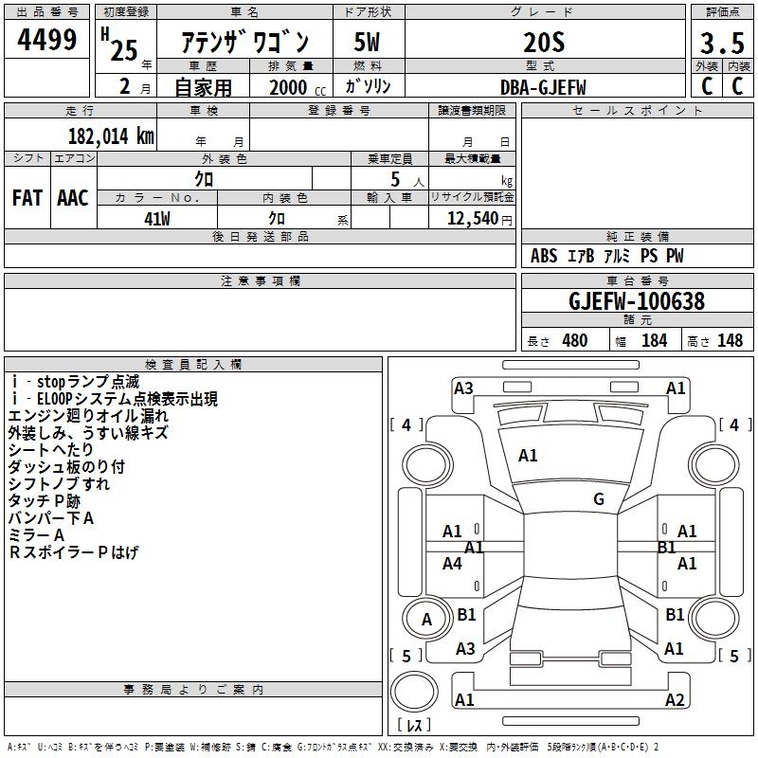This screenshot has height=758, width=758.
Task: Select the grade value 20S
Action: click(544, 42)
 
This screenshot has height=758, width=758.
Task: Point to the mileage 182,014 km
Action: click(111, 135)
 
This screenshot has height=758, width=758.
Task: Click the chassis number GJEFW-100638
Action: click(637, 301)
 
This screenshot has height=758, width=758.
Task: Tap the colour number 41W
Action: click(157, 218)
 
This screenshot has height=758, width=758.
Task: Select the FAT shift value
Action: click(27, 198)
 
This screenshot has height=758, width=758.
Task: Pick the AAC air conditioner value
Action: click(73, 198)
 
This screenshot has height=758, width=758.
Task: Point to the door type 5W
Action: click(367, 44)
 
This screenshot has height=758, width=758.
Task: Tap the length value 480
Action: click(574, 341)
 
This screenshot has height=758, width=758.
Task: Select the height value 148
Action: click(730, 341)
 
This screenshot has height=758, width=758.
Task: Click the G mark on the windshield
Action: click(598, 499)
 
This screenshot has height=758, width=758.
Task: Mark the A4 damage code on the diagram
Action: click(453, 564)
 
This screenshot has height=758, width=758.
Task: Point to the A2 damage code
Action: click(675, 700)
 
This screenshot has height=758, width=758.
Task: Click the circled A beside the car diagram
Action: click(426, 620)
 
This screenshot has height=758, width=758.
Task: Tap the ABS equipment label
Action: click(544, 256)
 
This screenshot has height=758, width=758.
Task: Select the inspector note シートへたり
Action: click(52, 449)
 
